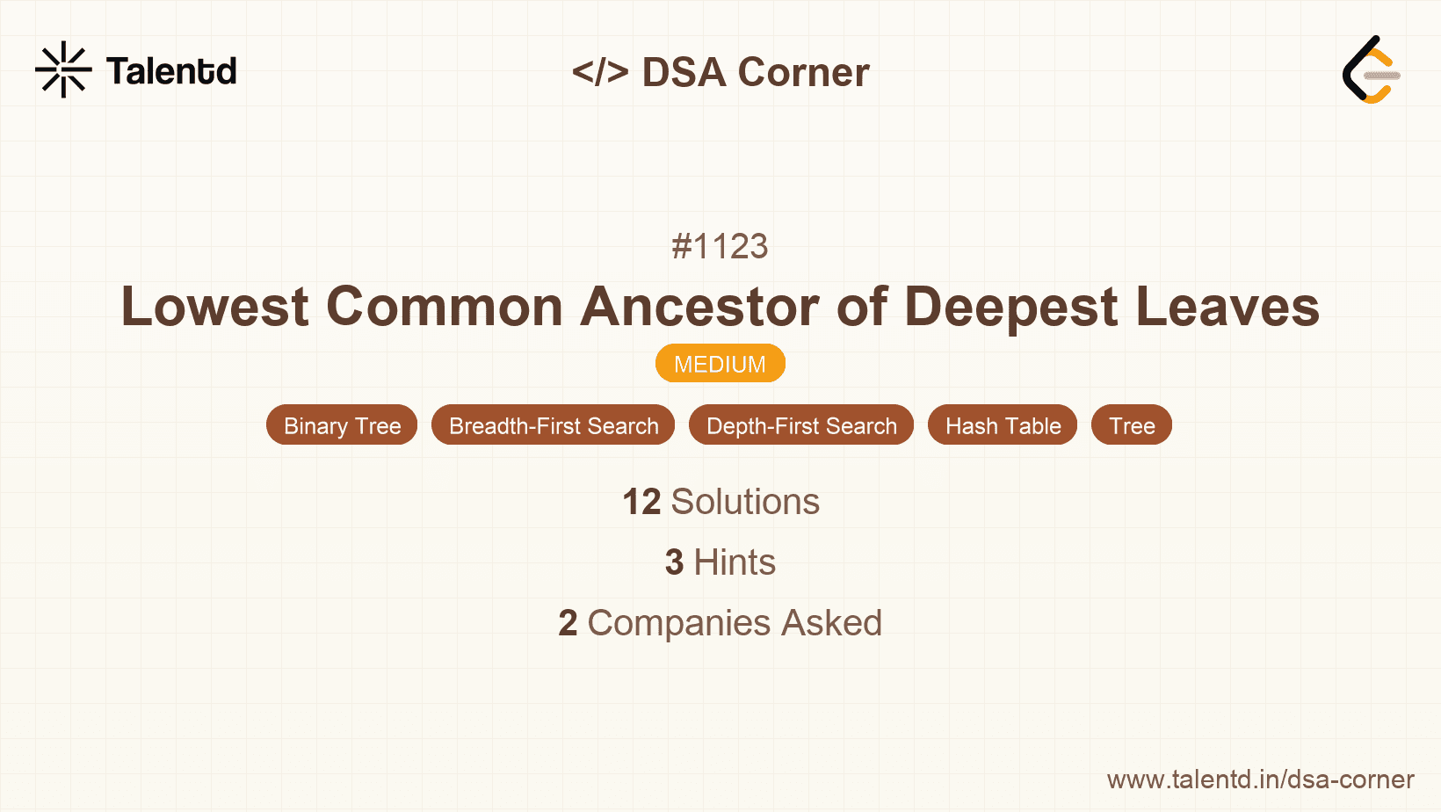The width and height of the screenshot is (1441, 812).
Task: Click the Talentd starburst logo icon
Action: coord(63,69)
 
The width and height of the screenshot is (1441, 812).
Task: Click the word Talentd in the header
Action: coord(171,71)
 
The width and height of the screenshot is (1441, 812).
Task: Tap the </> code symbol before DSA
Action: coord(600,72)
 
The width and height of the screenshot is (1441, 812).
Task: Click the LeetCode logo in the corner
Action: coord(1371,70)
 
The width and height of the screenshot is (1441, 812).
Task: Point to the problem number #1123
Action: coord(720,247)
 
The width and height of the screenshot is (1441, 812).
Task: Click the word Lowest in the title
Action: coord(215,307)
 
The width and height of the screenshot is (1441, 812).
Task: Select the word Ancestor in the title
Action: coord(699,307)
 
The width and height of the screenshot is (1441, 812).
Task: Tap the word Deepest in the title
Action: coord(1011,307)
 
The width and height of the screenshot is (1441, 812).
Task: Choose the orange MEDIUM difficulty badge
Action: coord(720,364)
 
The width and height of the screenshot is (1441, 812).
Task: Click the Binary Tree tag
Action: coord(342,425)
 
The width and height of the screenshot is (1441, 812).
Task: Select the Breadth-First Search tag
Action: coord(553,425)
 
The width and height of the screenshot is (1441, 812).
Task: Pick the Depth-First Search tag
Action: coord(801,425)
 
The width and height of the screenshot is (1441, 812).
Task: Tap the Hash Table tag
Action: coord(1003,425)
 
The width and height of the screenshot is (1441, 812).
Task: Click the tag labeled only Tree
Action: coord(1132,425)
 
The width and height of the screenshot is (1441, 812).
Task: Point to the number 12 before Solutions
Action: coord(641,502)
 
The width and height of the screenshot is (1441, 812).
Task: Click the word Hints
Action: coord(735,562)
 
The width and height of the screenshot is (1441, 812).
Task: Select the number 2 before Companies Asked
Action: coord(568,623)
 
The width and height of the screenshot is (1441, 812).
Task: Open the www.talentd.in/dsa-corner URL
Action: coord(1260,779)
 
